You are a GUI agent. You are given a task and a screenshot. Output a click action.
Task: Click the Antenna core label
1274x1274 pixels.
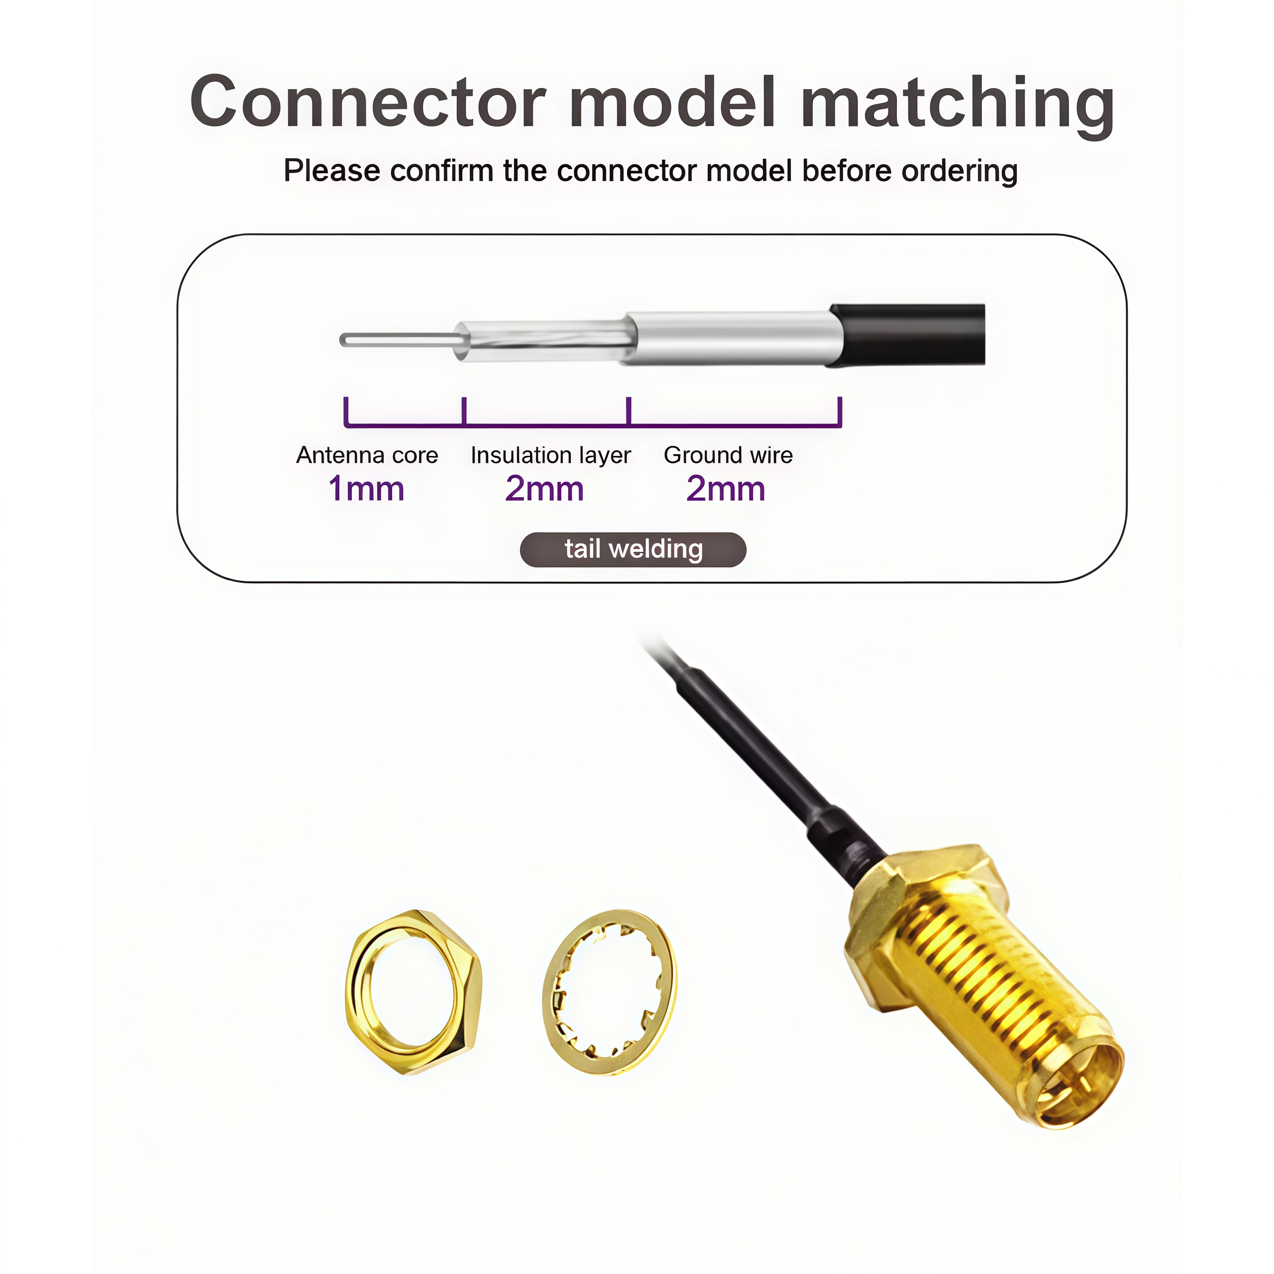[x=367, y=455]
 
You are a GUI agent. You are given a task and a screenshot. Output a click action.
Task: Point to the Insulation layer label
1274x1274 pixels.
[x=550, y=455]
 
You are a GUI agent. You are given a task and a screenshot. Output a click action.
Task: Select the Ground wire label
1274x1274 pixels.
[x=728, y=455]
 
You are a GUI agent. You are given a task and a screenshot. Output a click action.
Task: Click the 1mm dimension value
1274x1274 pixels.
[x=366, y=489]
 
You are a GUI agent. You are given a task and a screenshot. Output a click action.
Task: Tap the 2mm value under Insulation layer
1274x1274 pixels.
[x=544, y=489]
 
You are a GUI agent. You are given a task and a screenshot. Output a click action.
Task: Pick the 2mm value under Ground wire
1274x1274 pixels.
[x=726, y=489]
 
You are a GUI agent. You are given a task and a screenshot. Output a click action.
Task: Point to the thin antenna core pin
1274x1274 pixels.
[x=396, y=339]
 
